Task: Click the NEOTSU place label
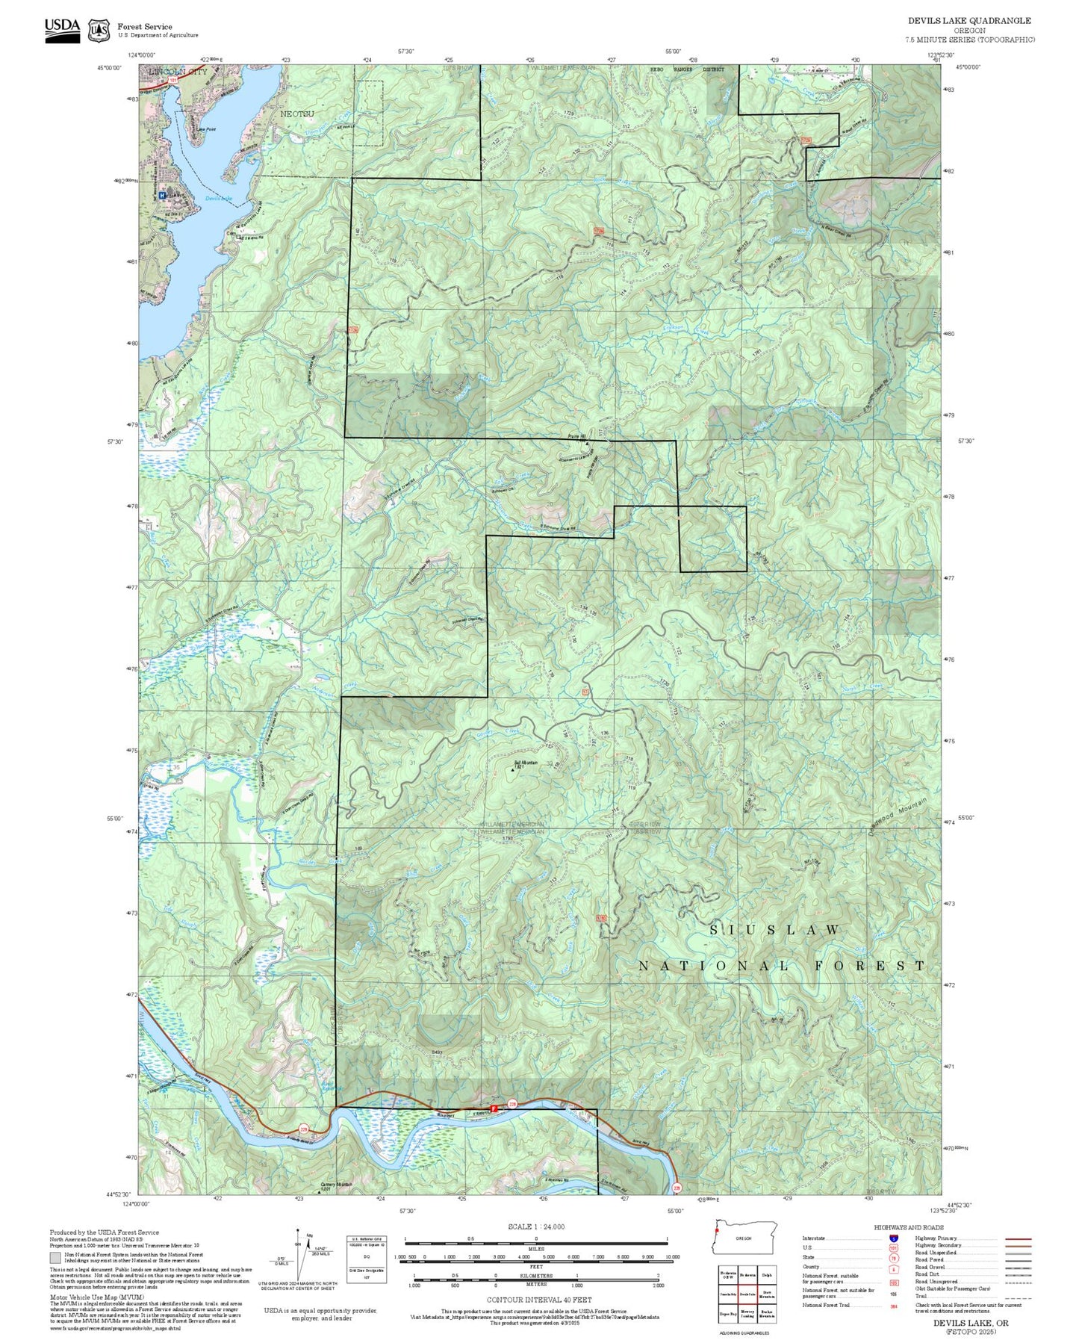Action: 296,114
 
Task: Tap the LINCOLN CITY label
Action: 178,72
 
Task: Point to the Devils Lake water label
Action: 219,199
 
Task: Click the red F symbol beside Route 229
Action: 493,1108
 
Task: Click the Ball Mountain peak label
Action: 526,763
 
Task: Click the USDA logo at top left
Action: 62,30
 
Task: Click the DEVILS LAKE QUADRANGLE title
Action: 969,21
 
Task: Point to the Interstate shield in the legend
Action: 893,1238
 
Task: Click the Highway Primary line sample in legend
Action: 1018,1238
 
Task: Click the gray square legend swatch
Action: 55,1258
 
